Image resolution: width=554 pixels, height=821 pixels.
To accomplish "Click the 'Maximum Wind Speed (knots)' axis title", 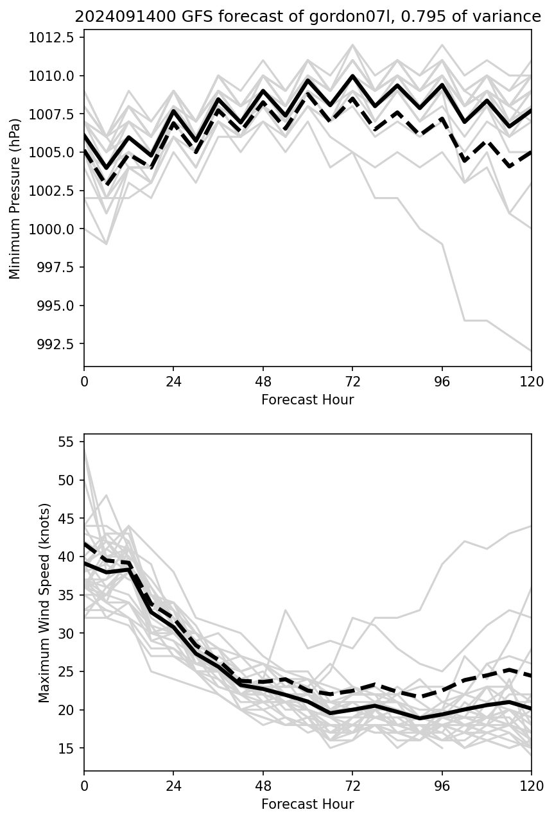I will pyautogui.click(x=44, y=603).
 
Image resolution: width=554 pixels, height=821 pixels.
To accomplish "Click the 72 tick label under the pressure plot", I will pyautogui.click(x=352, y=381).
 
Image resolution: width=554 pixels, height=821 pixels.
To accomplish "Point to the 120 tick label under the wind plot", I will pyautogui.click(x=531, y=786).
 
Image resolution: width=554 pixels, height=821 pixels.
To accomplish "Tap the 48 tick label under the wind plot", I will pyautogui.click(x=263, y=786).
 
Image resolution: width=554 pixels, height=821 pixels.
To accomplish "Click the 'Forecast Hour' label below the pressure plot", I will pyautogui.click(x=307, y=400).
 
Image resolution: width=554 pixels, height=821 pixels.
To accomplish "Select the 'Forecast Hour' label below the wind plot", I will pyautogui.click(x=307, y=804).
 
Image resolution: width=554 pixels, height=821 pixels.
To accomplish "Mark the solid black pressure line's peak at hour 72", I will pyautogui.click(x=352, y=76).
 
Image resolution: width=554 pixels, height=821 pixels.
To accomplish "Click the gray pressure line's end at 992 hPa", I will pyautogui.click(x=531, y=350).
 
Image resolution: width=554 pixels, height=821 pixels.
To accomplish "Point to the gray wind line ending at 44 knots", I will pyautogui.click(x=531, y=526).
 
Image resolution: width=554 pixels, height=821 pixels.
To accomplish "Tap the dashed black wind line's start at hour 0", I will pyautogui.click(x=85, y=544).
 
